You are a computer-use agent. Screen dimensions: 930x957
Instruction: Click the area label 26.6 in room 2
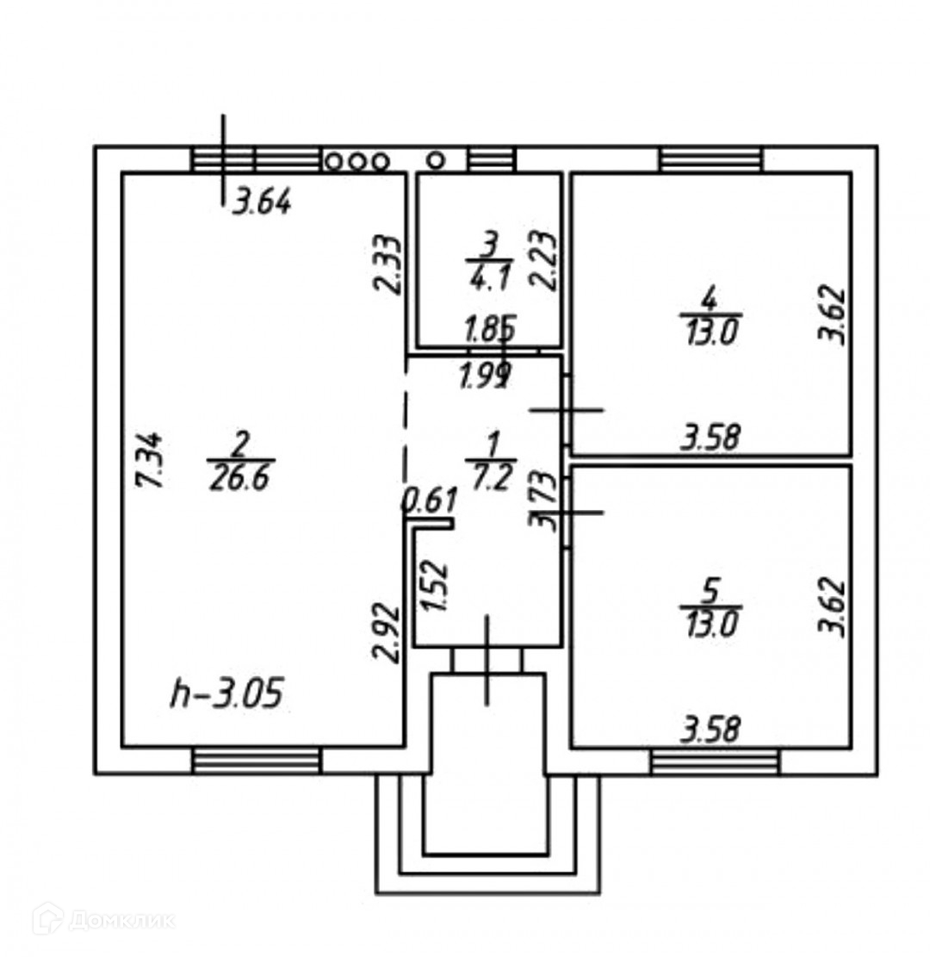click(x=239, y=476)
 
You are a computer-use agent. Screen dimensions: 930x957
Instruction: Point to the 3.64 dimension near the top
click(x=263, y=203)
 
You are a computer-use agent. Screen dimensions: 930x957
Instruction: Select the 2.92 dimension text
click(x=387, y=632)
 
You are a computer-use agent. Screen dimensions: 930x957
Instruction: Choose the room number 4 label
click(x=709, y=300)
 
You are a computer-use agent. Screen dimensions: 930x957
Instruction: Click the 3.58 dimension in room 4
click(x=710, y=438)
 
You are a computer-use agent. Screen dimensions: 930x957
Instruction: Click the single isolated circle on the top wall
click(x=437, y=159)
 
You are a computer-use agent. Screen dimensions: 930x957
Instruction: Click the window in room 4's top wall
click(x=711, y=159)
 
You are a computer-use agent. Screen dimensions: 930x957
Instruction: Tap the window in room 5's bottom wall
click(x=715, y=761)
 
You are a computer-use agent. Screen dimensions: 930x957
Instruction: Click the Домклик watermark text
click(x=121, y=921)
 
